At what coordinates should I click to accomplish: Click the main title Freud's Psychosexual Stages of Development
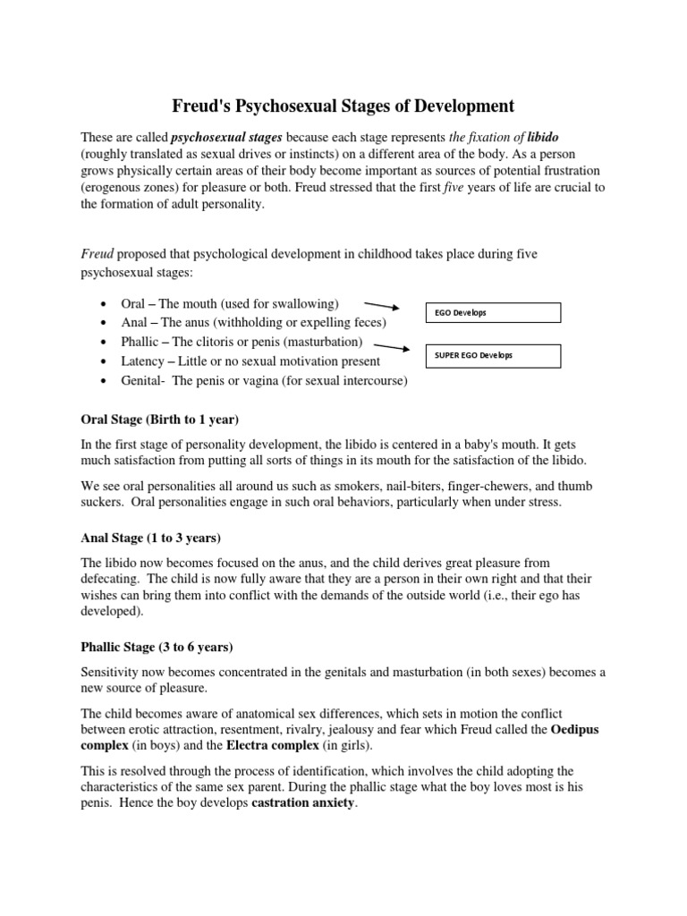click(343, 106)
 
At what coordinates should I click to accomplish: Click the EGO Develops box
click(492, 312)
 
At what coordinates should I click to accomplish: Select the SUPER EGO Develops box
click(492, 356)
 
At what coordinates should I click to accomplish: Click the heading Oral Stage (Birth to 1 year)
click(159, 419)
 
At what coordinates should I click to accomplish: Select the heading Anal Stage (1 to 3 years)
click(150, 538)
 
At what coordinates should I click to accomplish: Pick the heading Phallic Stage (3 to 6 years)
click(157, 647)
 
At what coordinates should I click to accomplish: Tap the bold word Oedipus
click(575, 730)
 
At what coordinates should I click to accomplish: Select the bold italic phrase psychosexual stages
click(213, 138)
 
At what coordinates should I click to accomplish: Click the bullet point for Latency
click(106, 362)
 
